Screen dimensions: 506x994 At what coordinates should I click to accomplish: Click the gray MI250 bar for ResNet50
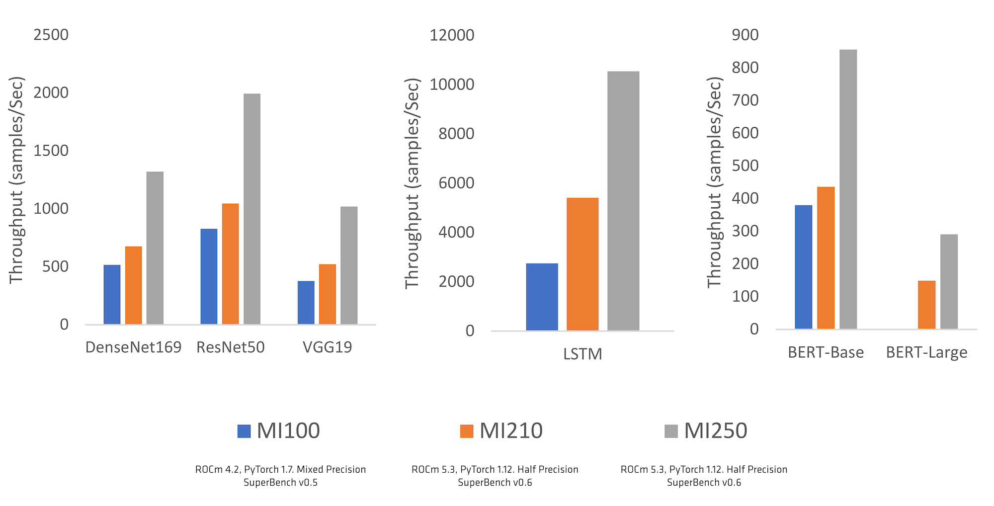coord(251,209)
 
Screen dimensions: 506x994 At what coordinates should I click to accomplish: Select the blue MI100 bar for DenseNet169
coord(112,294)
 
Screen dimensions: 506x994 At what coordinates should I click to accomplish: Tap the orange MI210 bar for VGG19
coord(327,294)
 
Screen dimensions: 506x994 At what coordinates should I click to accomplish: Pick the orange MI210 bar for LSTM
coord(582,264)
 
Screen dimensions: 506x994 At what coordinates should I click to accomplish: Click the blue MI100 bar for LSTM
coord(542,297)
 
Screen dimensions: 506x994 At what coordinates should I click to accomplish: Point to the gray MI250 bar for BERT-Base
coord(848,189)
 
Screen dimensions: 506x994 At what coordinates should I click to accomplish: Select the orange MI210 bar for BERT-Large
coord(926,304)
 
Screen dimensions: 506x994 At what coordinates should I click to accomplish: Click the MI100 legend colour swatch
coord(244,431)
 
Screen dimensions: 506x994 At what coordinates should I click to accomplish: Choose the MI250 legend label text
coord(715,431)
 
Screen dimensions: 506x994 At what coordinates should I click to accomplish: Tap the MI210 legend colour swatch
coord(467,431)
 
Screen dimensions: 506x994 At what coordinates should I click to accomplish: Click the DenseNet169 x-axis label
coord(133,347)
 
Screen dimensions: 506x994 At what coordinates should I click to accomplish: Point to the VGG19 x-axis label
coord(327,347)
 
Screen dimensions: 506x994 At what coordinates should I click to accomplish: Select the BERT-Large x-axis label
coord(926,352)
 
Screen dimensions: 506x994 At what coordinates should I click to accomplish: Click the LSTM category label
coord(582,354)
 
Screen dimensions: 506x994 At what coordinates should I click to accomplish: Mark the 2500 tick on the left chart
coord(51,35)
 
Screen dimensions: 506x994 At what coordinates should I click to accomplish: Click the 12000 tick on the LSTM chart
coord(452,35)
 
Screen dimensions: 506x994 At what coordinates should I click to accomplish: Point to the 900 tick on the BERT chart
coord(745,35)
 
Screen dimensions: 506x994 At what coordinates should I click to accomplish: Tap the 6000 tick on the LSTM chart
coord(456,183)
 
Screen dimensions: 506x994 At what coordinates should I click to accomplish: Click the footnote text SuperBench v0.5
coord(280,483)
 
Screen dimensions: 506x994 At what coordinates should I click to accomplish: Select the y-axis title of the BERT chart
coord(714,182)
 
